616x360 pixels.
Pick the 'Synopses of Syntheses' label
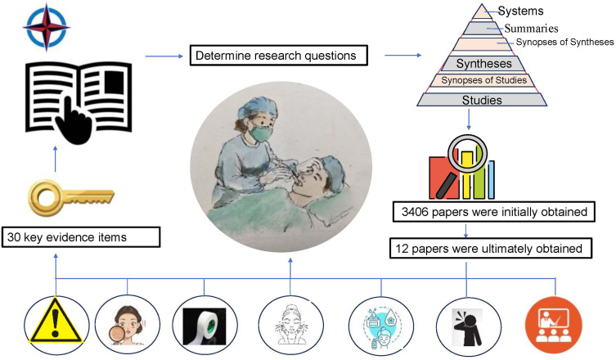coord(564,43)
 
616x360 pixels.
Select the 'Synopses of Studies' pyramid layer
coord(483,80)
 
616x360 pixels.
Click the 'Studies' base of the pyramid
coord(482,100)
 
